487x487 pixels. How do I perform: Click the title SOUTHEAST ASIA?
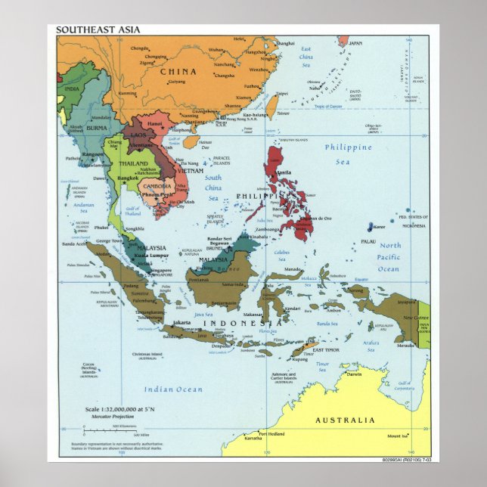[97, 29]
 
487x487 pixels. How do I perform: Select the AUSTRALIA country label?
[344, 420]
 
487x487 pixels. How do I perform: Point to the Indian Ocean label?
[173, 389]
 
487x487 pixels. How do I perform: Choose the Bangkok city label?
[126, 178]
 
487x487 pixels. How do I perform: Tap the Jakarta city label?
[182, 323]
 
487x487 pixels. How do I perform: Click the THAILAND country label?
[132, 164]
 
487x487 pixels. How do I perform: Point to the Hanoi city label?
[155, 123]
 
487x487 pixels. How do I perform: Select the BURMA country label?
[97, 129]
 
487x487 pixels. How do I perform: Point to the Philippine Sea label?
[348, 154]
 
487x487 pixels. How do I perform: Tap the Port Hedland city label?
[272, 434]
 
